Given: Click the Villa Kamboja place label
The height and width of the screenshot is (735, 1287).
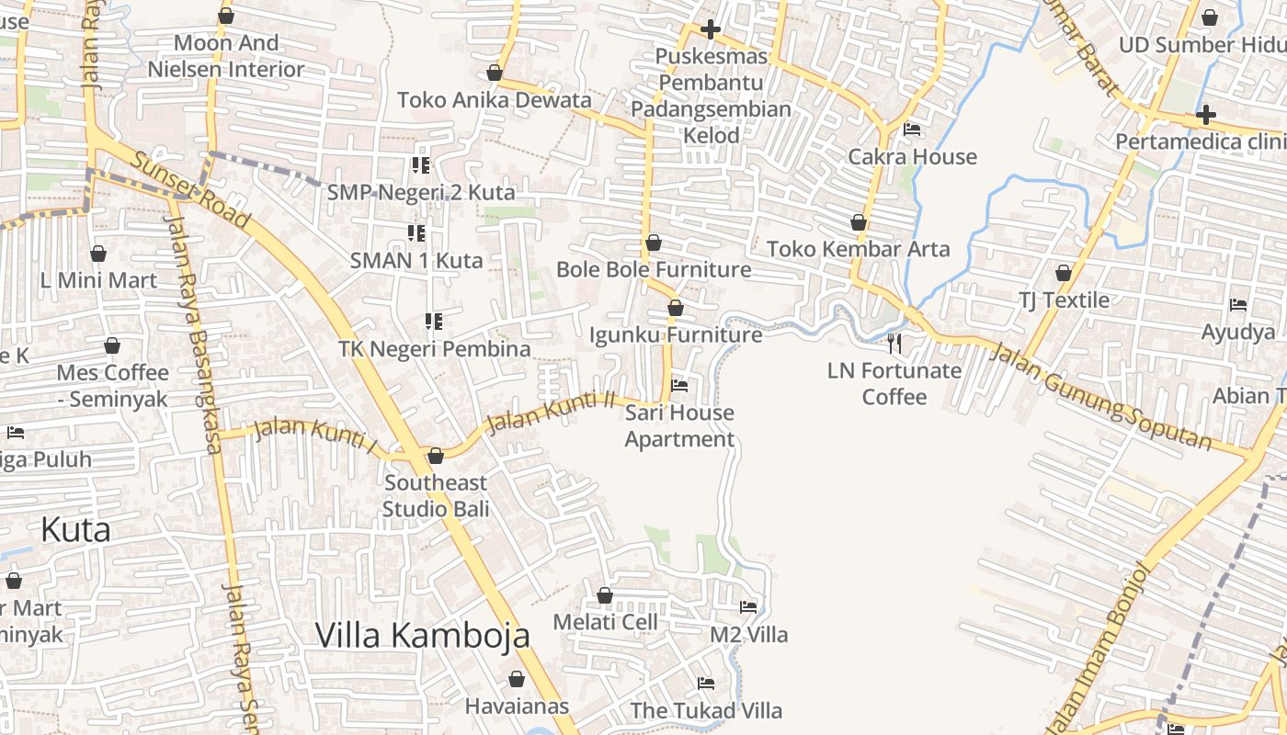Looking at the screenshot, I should click(x=422, y=635).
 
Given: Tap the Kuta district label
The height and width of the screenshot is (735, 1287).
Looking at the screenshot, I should click(x=76, y=529).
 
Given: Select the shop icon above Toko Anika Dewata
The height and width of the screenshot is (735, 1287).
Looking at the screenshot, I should click(x=495, y=73).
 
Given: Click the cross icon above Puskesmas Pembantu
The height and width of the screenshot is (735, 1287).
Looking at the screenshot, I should click(x=710, y=29).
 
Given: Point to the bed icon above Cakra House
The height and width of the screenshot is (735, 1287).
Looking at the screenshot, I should click(x=912, y=130).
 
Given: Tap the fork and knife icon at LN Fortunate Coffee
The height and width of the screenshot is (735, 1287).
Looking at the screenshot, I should click(x=894, y=344).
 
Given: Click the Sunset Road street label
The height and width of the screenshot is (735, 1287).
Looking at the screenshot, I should click(x=189, y=190).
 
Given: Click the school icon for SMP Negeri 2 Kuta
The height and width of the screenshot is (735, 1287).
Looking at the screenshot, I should click(x=421, y=165).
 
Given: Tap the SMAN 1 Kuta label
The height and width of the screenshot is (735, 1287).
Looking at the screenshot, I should click(x=416, y=260).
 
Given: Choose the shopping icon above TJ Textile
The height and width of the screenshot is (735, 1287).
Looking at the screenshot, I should click(x=1064, y=273).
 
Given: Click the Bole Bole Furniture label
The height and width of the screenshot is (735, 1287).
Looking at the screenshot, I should click(x=654, y=269).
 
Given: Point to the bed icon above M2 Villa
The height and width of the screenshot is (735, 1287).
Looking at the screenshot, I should click(x=748, y=607).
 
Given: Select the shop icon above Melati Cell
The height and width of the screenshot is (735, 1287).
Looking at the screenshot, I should click(x=605, y=595).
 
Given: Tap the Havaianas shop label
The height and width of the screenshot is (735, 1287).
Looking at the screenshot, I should click(x=517, y=707).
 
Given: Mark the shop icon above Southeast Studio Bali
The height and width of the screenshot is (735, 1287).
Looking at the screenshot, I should click(x=436, y=456).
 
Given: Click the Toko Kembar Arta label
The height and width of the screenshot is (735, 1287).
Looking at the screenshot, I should click(x=858, y=249).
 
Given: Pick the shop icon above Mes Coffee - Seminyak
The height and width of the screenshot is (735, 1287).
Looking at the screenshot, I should click(x=112, y=346).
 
